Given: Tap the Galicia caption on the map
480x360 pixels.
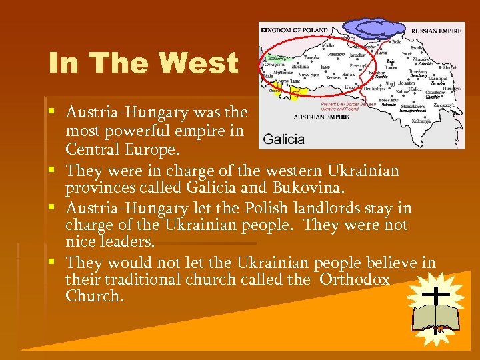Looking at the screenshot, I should [x=283, y=139].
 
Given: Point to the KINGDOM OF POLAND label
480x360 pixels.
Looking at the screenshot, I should [x=294, y=30].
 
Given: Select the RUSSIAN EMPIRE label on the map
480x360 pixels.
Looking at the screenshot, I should [x=436, y=31].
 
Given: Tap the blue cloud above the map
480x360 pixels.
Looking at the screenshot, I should [x=374, y=29].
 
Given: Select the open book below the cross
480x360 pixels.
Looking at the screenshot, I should [x=435, y=318].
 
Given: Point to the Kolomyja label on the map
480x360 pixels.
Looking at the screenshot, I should [x=421, y=121].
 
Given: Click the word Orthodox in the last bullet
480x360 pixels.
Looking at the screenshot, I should [x=354, y=279].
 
